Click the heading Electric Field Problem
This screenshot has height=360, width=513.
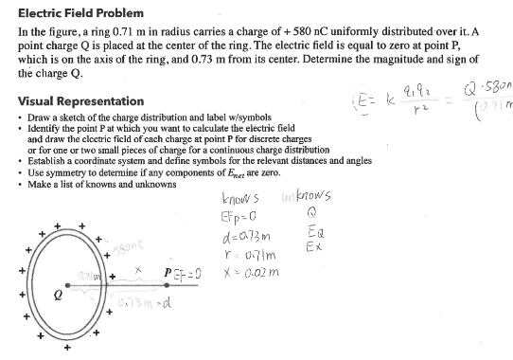coord(81,13)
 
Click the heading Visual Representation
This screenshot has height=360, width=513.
coord(81,101)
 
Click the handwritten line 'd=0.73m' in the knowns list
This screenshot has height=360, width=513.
coord(237,234)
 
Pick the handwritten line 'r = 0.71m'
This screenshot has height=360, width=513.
coord(236,250)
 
